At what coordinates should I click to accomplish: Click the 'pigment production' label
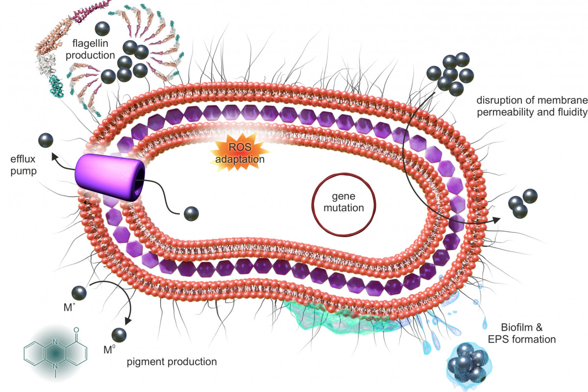(171, 362)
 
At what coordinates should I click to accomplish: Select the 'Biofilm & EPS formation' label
(528, 333)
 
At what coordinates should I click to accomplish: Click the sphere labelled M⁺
(79, 294)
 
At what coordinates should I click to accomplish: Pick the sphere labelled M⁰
(119, 335)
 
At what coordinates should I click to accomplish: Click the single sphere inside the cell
(191, 214)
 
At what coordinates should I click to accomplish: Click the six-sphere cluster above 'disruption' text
(450, 74)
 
